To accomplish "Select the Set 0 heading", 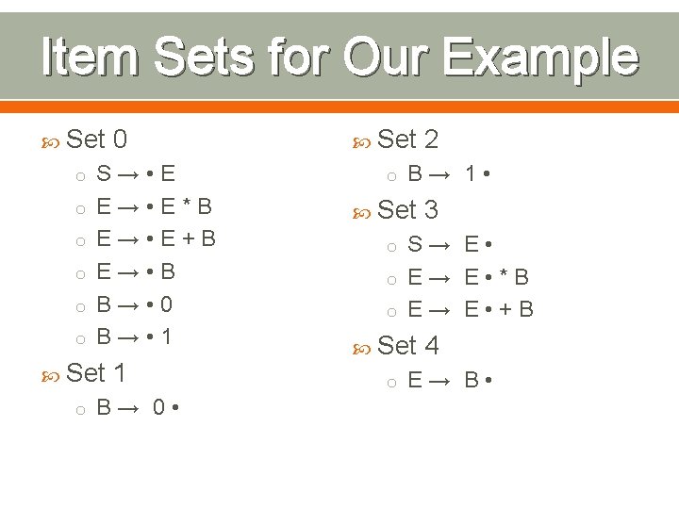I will coord(98,140).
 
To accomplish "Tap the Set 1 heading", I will coord(98,372).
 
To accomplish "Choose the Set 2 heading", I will coord(407,140).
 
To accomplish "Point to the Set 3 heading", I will coord(407,209).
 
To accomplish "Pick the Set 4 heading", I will coord(407,346).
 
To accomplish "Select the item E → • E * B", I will coord(155,206).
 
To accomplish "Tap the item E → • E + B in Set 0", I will coord(157,238).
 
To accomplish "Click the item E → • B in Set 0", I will coord(136,271).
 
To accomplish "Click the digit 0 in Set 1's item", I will coord(161,408).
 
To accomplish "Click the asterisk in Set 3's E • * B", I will coord(505,278).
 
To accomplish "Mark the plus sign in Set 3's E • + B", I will coord(504,309).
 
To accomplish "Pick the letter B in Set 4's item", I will coord(472,381).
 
